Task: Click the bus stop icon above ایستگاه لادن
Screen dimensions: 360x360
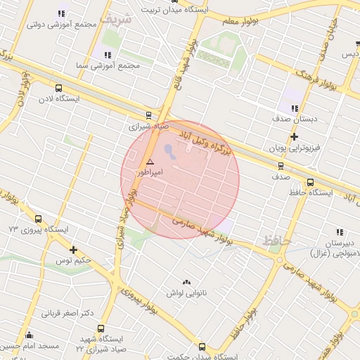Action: [x=58, y=89]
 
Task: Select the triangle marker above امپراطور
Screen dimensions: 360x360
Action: [x=150, y=162]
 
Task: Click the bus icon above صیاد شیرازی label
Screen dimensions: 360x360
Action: [x=148, y=115]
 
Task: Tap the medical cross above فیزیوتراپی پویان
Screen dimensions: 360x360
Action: [x=294, y=136]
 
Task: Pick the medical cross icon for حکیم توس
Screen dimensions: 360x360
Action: [x=73, y=250]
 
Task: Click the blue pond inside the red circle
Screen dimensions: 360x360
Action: [x=172, y=150]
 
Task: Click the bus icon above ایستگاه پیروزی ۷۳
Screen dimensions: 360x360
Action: [x=38, y=219]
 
